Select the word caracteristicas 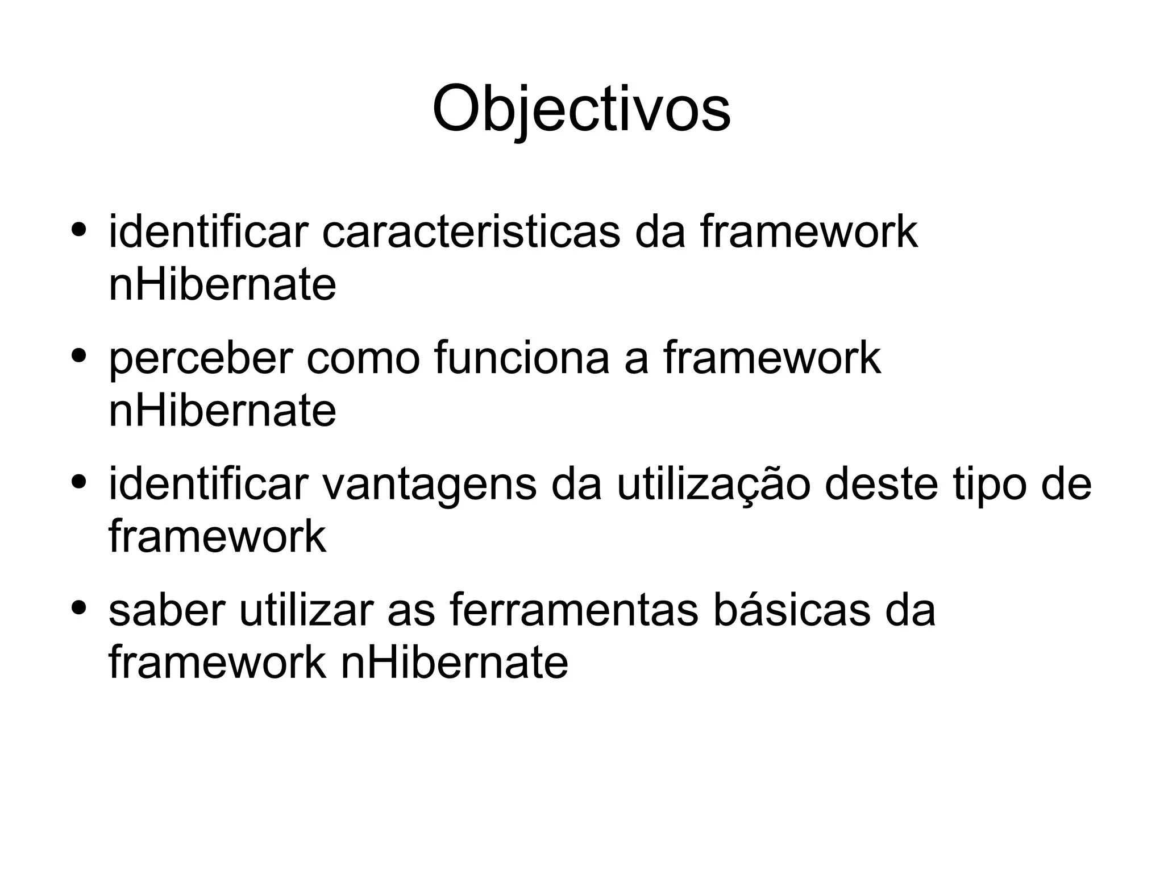(x=471, y=232)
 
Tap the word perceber (x=201, y=358)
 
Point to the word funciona (x=521, y=358)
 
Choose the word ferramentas (x=573, y=611)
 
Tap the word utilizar (x=306, y=611)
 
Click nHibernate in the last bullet (x=454, y=662)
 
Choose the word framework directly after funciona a (x=771, y=358)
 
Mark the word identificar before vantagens (x=208, y=485)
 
